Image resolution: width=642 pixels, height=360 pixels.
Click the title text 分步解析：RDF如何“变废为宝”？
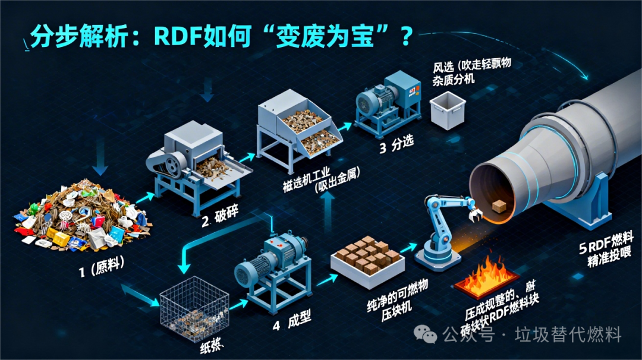(x=220, y=37)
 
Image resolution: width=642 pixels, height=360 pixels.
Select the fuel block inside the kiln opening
(x=499, y=206)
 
